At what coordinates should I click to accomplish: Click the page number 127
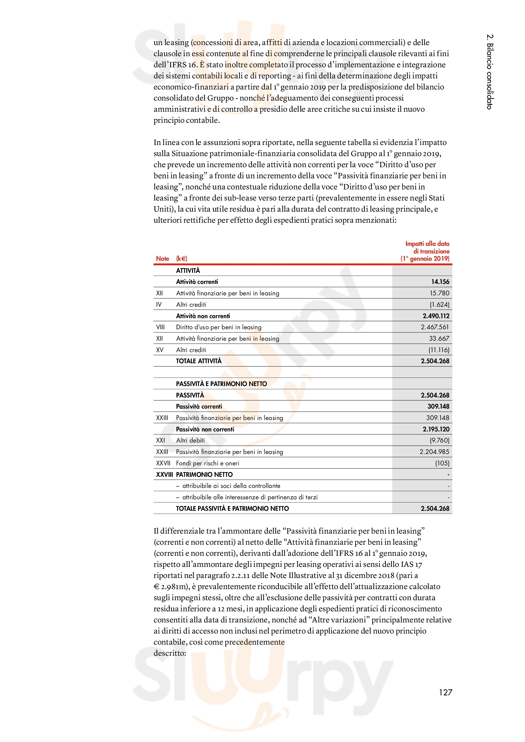coord(445,692)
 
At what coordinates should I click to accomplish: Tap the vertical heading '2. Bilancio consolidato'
coord(490,71)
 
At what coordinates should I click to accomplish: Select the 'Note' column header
coord(162,259)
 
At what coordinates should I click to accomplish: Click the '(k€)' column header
coord(182,259)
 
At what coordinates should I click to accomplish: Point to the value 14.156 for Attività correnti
coord(440,282)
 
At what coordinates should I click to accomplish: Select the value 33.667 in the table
coord(439,338)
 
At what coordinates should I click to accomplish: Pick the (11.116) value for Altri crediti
coord(439,350)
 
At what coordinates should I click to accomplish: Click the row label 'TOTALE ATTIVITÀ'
coord(198,361)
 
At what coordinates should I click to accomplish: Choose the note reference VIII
coord(160,327)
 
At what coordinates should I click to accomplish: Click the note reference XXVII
coord(163,463)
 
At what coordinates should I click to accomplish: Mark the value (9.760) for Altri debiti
coord(439,441)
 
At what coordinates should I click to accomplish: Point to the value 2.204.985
coord(434,452)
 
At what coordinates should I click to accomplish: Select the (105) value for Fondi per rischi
coord(442,463)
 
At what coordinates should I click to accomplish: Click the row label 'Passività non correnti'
coord(205,429)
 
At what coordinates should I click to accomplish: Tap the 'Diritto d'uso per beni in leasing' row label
coord(218,327)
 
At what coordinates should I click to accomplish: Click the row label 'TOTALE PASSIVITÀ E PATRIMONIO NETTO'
coord(232,508)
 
